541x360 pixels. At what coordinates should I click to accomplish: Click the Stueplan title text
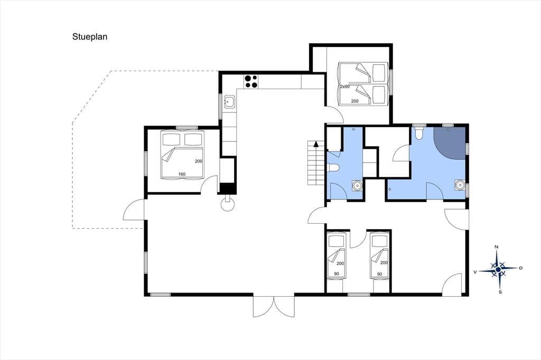[x=90, y=37]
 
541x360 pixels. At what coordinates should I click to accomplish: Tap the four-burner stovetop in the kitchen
[x=251, y=81]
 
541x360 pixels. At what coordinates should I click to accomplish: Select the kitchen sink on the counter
[x=229, y=102]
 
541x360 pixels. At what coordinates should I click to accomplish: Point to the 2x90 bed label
[x=344, y=87]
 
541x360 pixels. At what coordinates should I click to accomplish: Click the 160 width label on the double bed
[x=182, y=174]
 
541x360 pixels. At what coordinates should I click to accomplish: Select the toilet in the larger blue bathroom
[x=419, y=133]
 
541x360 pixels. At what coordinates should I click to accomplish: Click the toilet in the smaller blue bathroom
[x=334, y=167]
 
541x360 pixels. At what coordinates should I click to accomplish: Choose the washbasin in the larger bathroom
[x=460, y=185]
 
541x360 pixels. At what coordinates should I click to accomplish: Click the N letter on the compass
[x=496, y=247]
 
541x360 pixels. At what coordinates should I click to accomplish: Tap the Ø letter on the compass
[x=520, y=268]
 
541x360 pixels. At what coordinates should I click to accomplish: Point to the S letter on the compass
[x=500, y=292]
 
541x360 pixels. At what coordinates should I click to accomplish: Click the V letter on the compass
[x=475, y=272]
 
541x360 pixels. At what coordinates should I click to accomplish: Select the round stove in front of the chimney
[x=228, y=204]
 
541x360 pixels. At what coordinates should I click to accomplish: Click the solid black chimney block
[x=228, y=188]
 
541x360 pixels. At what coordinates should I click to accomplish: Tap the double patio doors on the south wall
[x=274, y=306]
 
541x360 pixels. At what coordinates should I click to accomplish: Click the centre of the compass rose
[x=498, y=269]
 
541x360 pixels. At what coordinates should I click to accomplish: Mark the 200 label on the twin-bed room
[x=355, y=101]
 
